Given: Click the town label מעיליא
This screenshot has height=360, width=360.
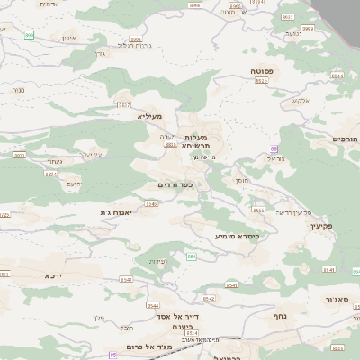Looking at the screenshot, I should click(148, 116).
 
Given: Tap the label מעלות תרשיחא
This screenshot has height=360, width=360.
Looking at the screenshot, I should click(195, 140).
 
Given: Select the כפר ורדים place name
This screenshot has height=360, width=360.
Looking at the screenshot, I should click(175, 185).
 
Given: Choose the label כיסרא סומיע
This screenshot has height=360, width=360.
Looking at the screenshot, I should click(237, 236).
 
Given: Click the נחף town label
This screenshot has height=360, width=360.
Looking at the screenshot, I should click(280, 317).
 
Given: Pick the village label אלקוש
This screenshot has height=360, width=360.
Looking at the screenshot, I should click(298, 101).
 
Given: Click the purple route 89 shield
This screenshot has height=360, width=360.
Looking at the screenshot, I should click(274, 148).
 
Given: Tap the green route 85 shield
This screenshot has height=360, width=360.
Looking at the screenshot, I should click(114, 355).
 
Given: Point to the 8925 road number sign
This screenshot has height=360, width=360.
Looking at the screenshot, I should click(262, 80).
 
